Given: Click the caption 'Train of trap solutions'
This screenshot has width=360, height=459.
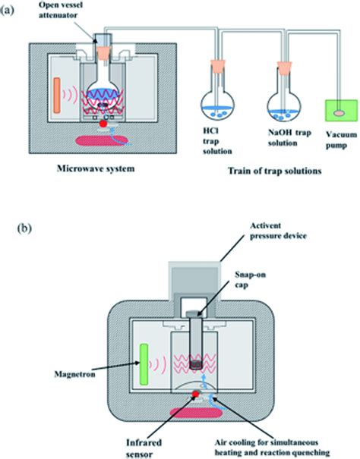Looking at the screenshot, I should point(271,171).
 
